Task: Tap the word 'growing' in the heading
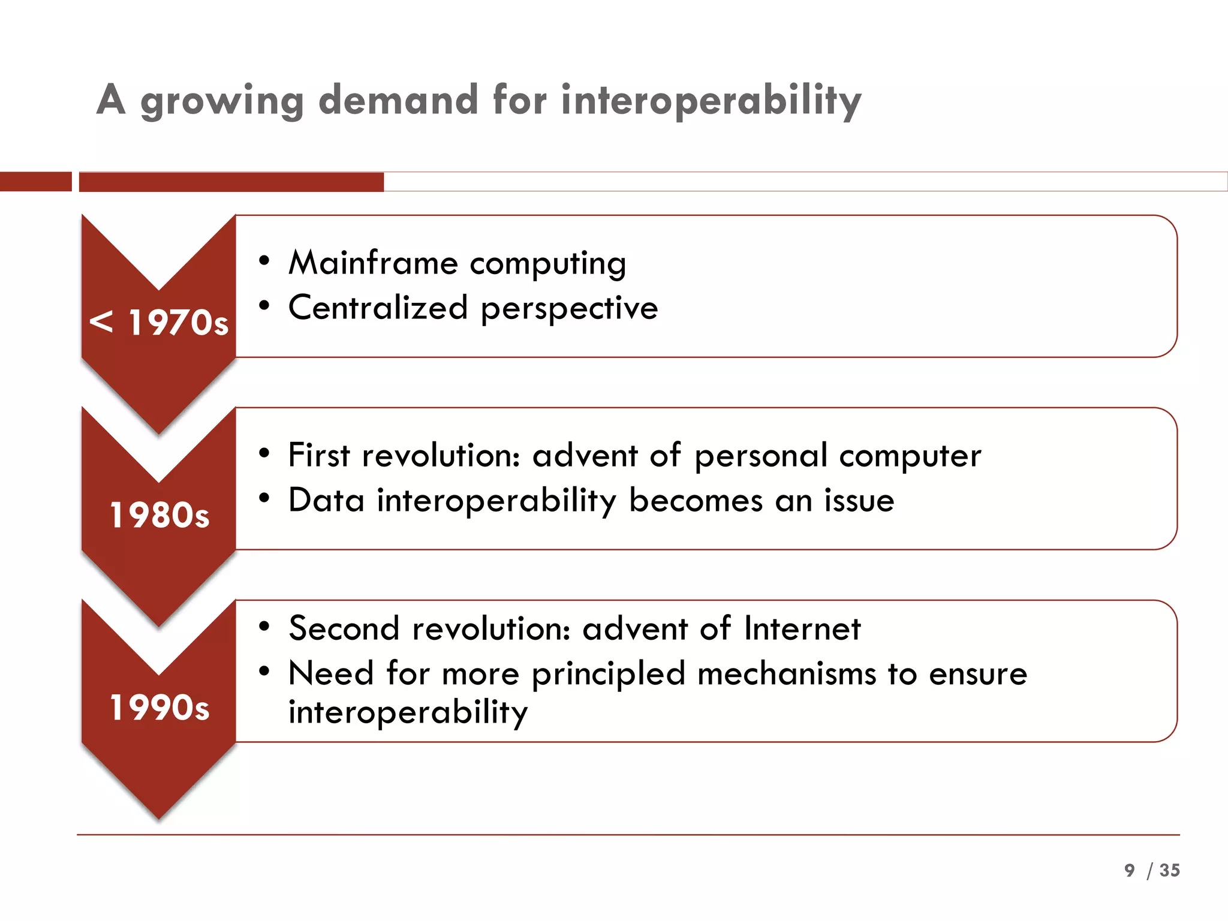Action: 222,101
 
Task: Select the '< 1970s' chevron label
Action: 159,323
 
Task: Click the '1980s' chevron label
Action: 159,515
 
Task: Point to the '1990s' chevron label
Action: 159,708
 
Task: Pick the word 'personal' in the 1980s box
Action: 761,456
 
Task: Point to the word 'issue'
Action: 859,500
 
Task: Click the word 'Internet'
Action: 802,628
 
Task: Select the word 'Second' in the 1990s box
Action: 344,628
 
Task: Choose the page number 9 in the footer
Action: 1130,870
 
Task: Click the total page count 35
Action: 1169,870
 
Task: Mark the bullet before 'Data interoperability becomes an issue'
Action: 264,498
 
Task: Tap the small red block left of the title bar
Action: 35,182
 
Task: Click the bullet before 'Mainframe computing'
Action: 264,261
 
